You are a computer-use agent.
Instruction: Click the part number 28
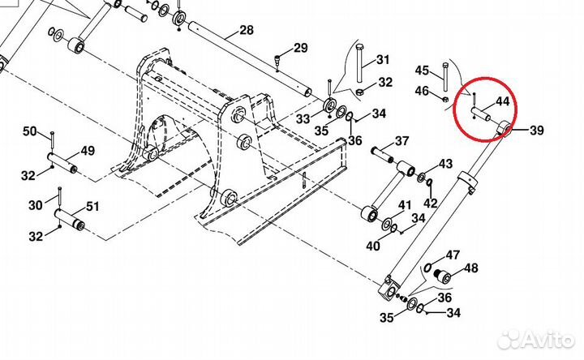[247, 32]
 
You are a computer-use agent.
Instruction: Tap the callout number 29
[301, 49]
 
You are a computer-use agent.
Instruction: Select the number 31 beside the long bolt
[382, 59]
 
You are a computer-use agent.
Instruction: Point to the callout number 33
[303, 119]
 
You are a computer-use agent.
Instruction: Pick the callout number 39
[537, 130]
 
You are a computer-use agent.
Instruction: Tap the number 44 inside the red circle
[502, 102]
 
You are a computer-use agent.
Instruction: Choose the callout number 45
[422, 70]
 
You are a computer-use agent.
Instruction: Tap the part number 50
[29, 131]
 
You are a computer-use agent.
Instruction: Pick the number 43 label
[445, 164]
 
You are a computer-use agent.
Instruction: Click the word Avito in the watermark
[545, 336]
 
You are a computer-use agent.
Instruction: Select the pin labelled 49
[63, 162]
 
